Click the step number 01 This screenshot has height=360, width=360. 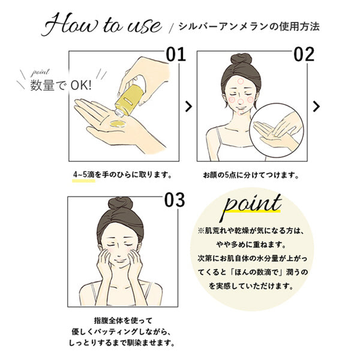click(176, 55)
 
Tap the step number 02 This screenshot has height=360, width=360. click(304, 55)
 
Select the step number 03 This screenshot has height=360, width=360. click(175, 200)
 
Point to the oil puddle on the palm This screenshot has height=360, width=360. click(118, 124)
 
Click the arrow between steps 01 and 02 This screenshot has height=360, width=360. click(188, 107)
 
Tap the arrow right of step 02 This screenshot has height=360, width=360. click(316, 107)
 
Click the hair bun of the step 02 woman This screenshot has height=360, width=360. click(241, 59)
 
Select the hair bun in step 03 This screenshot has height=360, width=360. click(121, 203)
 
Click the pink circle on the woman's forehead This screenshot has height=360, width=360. click(240, 81)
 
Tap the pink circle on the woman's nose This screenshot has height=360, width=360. click(241, 102)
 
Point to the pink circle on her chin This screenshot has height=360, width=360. click(241, 113)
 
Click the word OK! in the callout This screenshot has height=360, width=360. click(81, 85)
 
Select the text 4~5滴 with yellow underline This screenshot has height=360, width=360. click(84, 175)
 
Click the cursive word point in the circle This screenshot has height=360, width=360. click(252, 205)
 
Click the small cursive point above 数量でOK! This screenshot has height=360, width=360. click(40, 73)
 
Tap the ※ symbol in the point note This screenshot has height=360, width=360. click(201, 230)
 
